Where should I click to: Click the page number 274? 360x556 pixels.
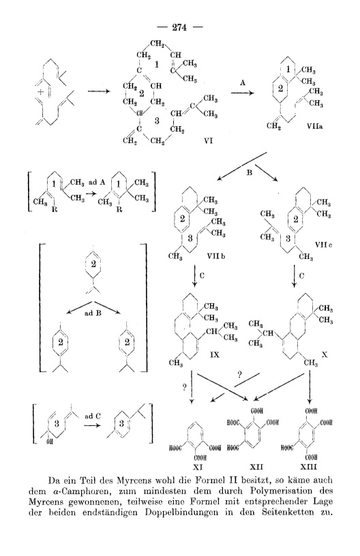pyautogui.click(x=179, y=27)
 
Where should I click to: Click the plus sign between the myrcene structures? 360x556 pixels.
pyautogui.click(x=41, y=92)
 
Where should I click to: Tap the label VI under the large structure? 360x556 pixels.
pyautogui.click(x=208, y=141)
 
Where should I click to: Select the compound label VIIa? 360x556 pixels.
pyautogui.click(x=315, y=125)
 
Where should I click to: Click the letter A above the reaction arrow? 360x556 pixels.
pyautogui.click(x=243, y=82)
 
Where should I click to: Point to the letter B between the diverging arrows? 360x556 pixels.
pyautogui.click(x=249, y=173)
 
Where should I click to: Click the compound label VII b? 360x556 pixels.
pyautogui.click(x=216, y=256)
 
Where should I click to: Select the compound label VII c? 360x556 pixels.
pyautogui.click(x=323, y=245)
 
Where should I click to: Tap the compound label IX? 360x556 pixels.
pyautogui.click(x=214, y=354)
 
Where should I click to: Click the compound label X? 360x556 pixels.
pyautogui.click(x=324, y=354)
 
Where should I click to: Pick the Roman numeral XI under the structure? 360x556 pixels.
pyautogui.click(x=196, y=467)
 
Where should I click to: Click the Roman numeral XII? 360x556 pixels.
pyautogui.click(x=256, y=467)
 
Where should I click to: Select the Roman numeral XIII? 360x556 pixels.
pyautogui.click(x=308, y=467)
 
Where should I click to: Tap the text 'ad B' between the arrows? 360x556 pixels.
pyautogui.click(x=93, y=313)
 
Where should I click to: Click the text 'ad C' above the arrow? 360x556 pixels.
pyautogui.click(x=93, y=416)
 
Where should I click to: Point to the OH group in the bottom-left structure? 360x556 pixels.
pyautogui.click(x=49, y=442)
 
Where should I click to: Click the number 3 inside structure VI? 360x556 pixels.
pyautogui.click(x=157, y=121)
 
